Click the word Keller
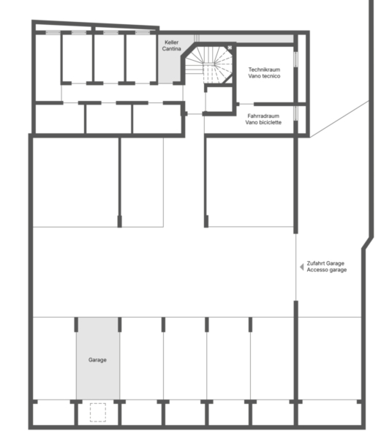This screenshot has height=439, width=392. pos(172,42)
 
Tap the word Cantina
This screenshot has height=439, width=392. pos(172,49)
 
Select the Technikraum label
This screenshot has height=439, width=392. pos(264,70)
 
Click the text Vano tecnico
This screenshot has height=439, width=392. pos(264,76)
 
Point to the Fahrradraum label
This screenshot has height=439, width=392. pos(263,116)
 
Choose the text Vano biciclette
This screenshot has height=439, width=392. pos(263,122)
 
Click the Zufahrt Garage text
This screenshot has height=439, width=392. pos(325,263)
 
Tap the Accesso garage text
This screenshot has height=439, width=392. pos(326,270)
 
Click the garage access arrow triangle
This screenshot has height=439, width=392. pos(301,267)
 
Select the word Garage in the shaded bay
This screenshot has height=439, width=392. pos(97,360)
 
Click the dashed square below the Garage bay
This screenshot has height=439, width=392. pos(98,413)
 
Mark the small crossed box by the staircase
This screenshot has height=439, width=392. pos(230,48)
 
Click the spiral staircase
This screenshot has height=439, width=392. pos(209,65)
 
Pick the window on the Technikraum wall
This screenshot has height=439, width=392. pos(295,59)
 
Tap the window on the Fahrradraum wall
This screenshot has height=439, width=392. pos(295,113)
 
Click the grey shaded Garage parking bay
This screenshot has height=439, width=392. pos(98,359)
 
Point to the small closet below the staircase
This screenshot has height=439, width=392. pos(219,100)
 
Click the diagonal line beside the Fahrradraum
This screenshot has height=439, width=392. pos(339,119)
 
